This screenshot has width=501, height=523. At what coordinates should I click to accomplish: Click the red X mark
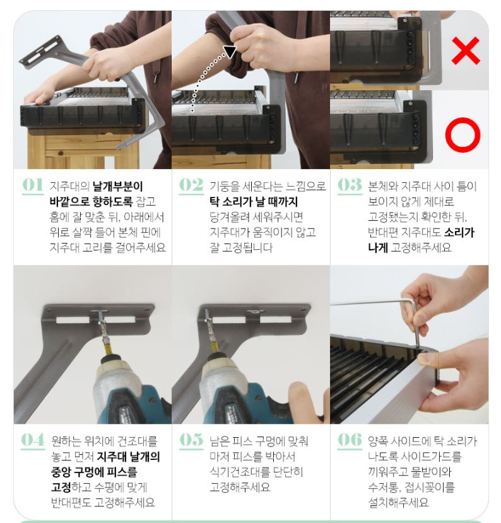click(466, 50)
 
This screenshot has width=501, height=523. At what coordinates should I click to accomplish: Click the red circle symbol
click(463, 135)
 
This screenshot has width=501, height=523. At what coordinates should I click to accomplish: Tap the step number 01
click(33, 185)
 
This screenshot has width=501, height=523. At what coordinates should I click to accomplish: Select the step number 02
click(191, 185)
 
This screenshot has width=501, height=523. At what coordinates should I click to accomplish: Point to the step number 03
click(350, 185)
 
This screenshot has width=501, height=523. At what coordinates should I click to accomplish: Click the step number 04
click(33, 440)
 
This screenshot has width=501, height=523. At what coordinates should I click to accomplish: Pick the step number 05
click(191, 440)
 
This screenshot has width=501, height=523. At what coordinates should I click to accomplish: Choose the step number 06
click(350, 440)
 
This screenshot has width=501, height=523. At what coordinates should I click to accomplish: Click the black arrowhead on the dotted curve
click(230, 51)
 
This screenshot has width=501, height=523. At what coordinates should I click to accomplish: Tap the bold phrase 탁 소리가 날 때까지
click(254, 201)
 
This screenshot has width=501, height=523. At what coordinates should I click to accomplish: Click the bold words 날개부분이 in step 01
click(118, 186)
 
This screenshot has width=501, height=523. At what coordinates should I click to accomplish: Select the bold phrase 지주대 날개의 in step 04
click(128, 456)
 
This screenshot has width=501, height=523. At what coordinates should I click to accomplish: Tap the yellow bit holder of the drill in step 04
click(109, 346)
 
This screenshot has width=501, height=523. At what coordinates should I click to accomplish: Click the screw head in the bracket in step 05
click(255, 312)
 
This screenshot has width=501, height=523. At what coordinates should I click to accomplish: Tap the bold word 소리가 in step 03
click(459, 232)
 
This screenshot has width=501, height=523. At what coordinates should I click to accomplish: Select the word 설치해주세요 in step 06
click(398, 502)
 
